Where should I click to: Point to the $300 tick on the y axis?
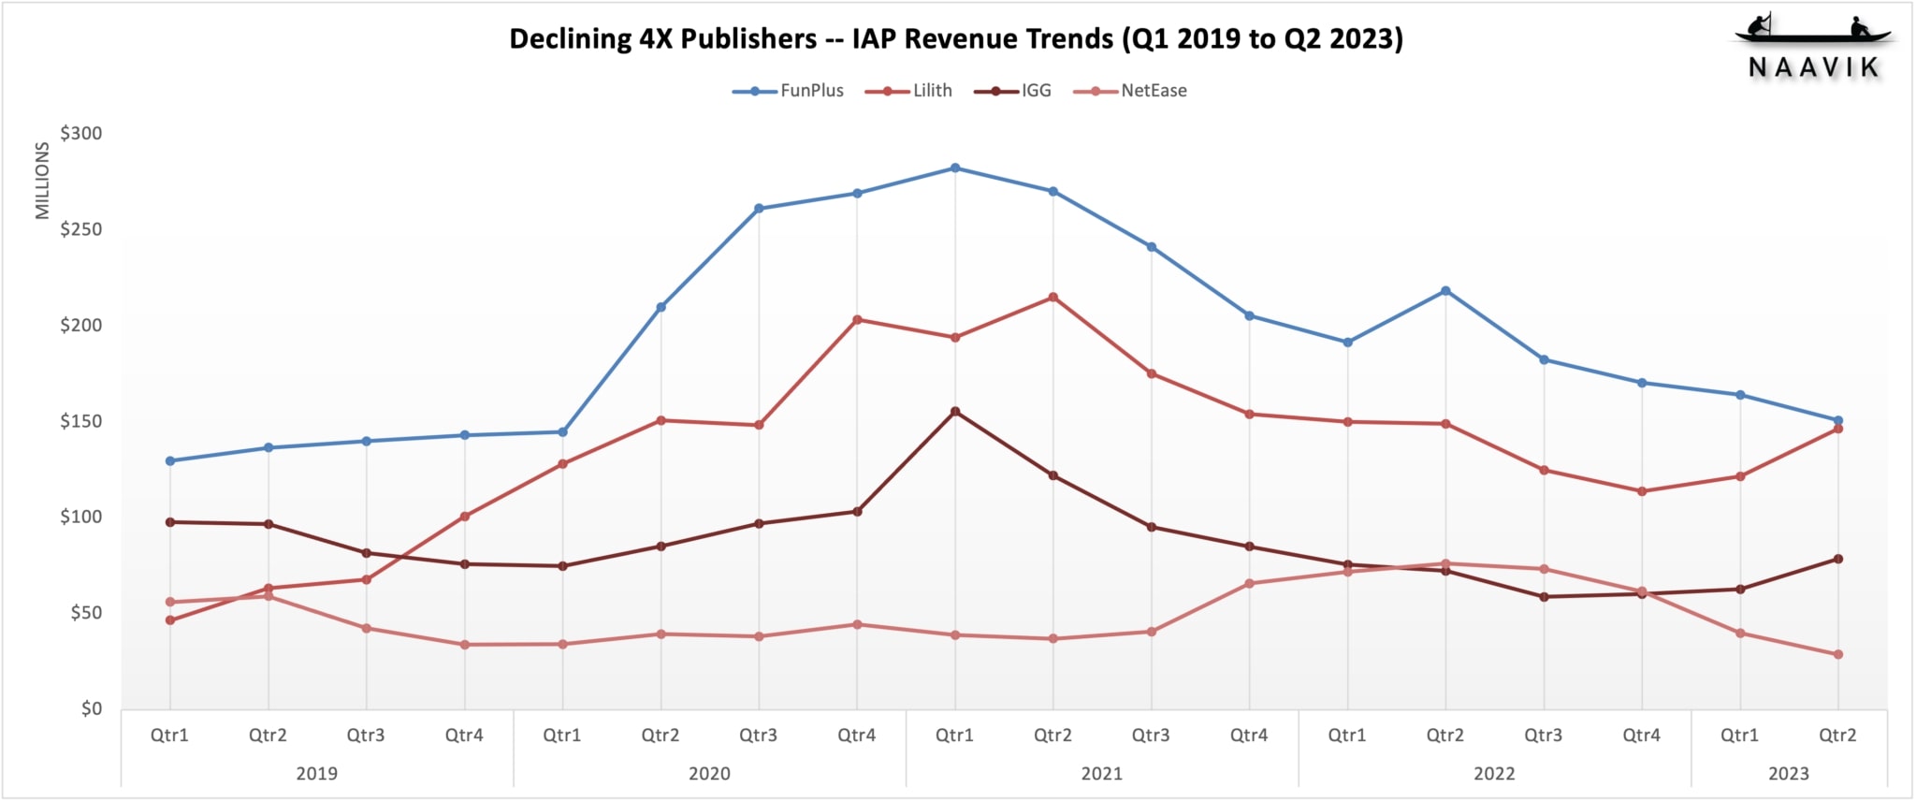pyautogui.click(x=81, y=134)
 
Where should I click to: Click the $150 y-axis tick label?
pyautogui.click(x=81, y=421)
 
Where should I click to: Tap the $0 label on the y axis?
pyautogui.click(x=91, y=708)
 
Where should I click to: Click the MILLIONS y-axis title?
pyautogui.click(x=42, y=181)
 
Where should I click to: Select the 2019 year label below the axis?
pyautogui.click(x=316, y=774)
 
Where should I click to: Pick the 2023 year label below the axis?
pyautogui.click(x=1788, y=774)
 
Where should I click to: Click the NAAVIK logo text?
pyautogui.click(x=1814, y=67)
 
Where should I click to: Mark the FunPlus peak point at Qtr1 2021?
pyautogui.click(x=955, y=168)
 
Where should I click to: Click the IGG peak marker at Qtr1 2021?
pyautogui.click(x=955, y=412)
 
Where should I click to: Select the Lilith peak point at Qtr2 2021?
pyautogui.click(x=1053, y=298)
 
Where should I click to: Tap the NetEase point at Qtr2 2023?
pyautogui.click(x=1838, y=655)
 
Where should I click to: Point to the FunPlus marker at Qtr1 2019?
pyautogui.click(x=170, y=461)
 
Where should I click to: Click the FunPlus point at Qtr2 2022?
pyautogui.click(x=1445, y=291)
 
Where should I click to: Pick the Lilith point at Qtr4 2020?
pyautogui.click(x=857, y=320)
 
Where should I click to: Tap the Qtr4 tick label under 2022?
pyautogui.click(x=1641, y=736)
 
